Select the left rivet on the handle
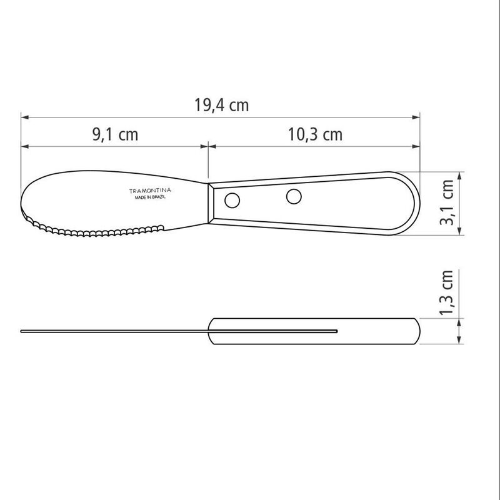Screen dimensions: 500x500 point(232,201)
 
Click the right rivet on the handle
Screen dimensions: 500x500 point(292,196)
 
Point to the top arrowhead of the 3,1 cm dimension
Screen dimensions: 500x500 point(461,175)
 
